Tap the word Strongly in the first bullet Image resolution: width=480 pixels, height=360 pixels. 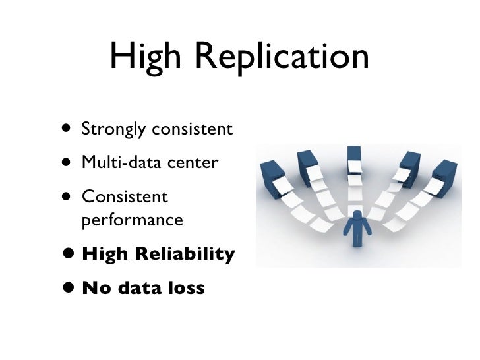coord(114,129)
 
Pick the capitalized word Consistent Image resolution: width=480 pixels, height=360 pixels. coord(125,196)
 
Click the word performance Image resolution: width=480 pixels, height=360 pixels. coord(132,220)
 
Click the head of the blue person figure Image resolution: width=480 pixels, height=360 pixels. coord(357,215)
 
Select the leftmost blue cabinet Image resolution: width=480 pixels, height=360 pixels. coord(271,175)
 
